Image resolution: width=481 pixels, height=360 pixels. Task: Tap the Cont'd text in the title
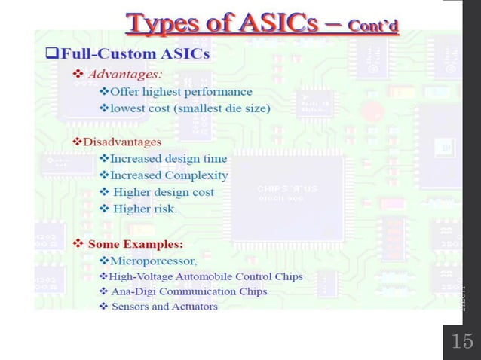pyautogui.click(x=372, y=26)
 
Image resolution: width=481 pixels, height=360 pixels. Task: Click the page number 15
pyautogui.click(x=461, y=341)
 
